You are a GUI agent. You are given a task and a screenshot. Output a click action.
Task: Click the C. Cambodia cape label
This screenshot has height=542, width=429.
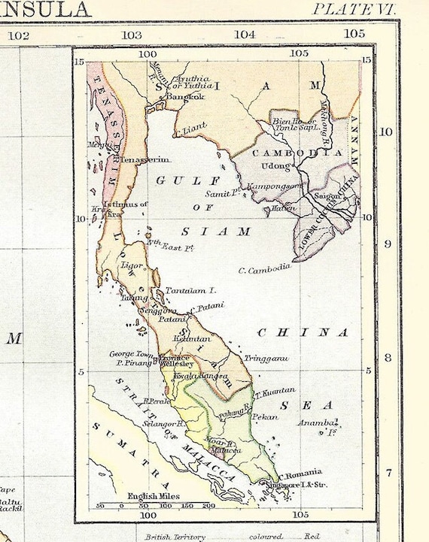(264, 270)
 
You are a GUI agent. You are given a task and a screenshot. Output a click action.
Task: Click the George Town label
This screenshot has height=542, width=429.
(132, 353)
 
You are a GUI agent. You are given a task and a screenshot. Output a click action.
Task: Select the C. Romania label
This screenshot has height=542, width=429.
(301, 475)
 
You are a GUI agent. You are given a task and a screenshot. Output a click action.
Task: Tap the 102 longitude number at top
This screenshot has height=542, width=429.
(20, 35)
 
